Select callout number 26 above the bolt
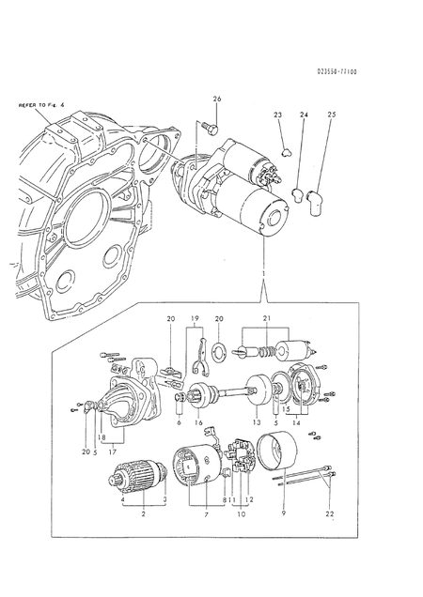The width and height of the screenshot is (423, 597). point(217,99)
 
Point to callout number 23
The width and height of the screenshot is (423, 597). point(278,114)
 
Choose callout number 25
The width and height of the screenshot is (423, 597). point(331,114)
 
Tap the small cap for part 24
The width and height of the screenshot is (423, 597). point(297,195)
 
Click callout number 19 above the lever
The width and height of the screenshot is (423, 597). point(194,319)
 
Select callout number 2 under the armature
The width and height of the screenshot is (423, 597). point(141,515)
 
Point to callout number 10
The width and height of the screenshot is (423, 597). point(241,515)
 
